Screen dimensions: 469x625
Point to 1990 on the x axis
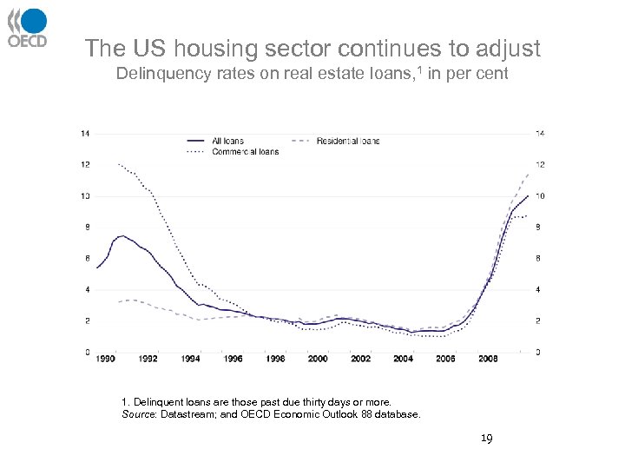click(x=105, y=359)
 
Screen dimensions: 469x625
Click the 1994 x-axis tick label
click(x=190, y=359)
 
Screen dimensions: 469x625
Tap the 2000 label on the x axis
click(x=318, y=359)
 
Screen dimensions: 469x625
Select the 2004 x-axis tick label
click(x=403, y=359)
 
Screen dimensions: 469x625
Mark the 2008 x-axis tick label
click(x=488, y=359)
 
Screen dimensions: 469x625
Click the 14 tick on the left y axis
click(x=83, y=134)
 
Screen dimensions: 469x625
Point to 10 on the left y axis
click(x=83, y=196)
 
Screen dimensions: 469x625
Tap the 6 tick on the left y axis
click(x=85, y=259)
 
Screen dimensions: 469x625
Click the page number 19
click(x=487, y=439)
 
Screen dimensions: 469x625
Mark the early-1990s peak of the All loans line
click(x=122, y=235)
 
